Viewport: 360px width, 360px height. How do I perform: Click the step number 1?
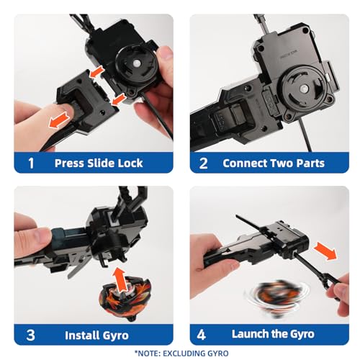[x=30, y=163]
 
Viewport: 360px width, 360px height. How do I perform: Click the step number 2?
[x=204, y=163]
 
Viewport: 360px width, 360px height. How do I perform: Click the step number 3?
[x=30, y=335]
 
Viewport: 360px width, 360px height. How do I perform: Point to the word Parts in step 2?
[x=311, y=163]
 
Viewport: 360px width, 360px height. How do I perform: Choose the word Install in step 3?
[x=84, y=335]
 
